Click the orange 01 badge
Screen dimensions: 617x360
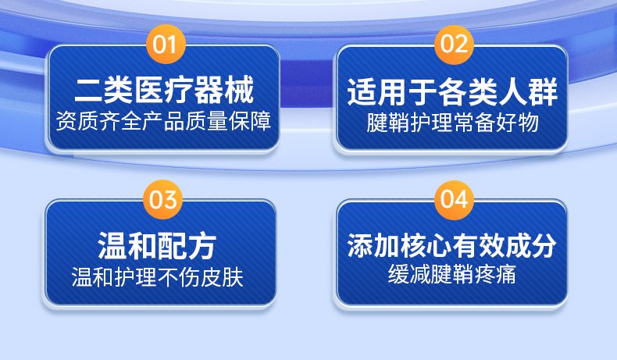(x=166, y=44)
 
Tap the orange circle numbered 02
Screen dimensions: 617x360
(x=454, y=44)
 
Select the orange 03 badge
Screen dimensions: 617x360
(x=163, y=199)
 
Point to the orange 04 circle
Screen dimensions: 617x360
(x=454, y=199)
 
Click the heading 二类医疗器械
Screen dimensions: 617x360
(x=164, y=91)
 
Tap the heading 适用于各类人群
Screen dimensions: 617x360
(x=452, y=92)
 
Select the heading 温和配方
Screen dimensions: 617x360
(x=157, y=246)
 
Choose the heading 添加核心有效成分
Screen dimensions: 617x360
(x=452, y=246)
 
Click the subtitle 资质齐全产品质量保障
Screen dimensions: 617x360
(x=163, y=121)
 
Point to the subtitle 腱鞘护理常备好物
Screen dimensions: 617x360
(x=452, y=123)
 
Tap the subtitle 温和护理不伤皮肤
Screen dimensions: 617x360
(x=158, y=277)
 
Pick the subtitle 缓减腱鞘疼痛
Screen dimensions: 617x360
(x=452, y=274)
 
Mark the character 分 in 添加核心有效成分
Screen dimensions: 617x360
(x=544, y=246)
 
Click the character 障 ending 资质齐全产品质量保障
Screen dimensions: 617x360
(x=262, y=121)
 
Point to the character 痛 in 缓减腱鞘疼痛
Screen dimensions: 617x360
(x=506, y=274)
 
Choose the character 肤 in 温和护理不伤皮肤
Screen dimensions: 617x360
(x=234, y=277)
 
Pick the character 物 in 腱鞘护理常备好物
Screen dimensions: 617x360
(x=529, y=123)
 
